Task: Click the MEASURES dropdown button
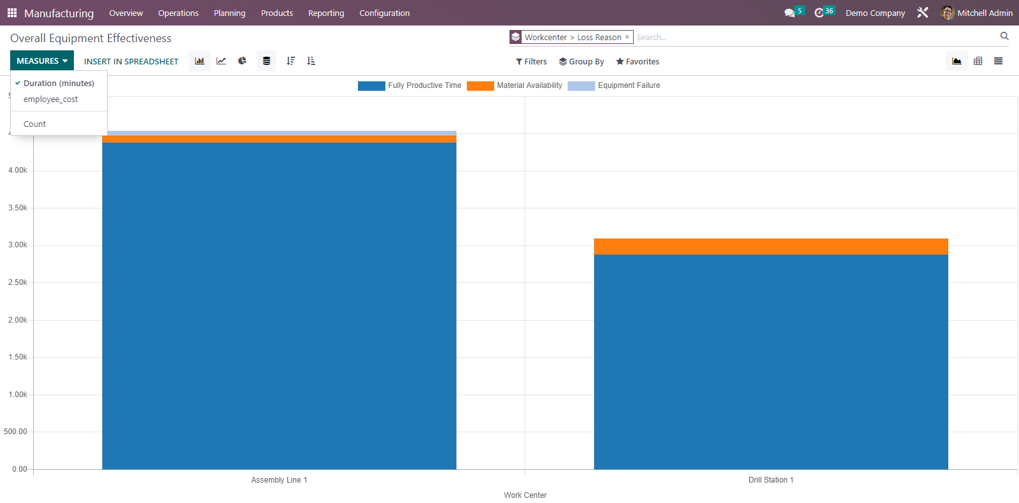42,61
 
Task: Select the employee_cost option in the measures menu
50,99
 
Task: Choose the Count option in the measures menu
34,124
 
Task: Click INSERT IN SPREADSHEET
131,62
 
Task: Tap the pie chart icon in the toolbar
242,61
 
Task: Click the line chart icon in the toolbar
221,61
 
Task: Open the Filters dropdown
531,62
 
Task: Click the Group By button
581,62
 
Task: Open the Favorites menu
638,62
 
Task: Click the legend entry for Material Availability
515,85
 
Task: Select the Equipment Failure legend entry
614,85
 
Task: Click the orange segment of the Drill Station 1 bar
771,247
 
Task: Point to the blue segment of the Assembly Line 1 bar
279,306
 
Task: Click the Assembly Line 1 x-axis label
279,480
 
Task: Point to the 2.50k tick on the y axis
18,282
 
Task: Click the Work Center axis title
525,495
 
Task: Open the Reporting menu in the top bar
326,13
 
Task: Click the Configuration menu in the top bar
384,13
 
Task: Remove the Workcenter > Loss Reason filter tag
627,37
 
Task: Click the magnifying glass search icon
1004,36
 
